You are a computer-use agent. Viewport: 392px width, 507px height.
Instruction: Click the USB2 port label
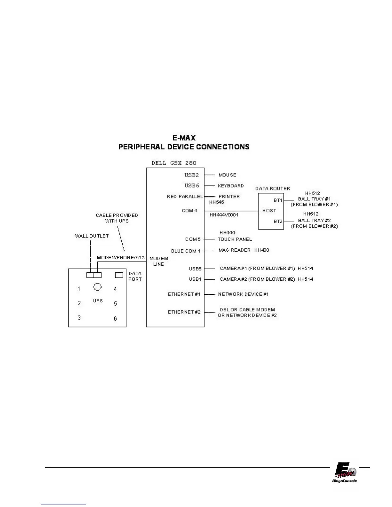pyautogui.click(x=192, y=175)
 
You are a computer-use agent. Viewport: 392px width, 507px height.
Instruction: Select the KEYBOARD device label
pyautogui.click(x=231, y=186)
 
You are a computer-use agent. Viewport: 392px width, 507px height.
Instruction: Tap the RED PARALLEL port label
pyautogui.click(x=185, y=197)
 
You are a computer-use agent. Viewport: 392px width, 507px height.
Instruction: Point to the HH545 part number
pyautogui.click(x=216, y=202)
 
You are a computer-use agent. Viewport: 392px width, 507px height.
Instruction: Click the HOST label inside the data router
pyautogui.click(x=269, y=211)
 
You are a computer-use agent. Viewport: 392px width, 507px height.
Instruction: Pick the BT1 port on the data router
pyautogui.click(x=278, y=200)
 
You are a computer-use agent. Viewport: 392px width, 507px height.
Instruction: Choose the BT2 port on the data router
pyautogui.click(x=278, y=221)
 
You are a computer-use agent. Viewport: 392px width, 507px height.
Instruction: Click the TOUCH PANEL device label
pyautogui.click(x=235, y=239)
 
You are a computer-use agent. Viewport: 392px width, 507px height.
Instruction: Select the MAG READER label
pyautogui.click(x=234, y=250)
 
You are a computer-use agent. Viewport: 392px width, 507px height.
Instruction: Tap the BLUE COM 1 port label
pyautogui.click(x=186, y=251)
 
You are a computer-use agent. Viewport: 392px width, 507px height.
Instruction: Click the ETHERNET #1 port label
pyautogui.click(x=184, y=294)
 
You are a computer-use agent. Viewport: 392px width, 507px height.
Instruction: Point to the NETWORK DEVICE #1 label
pyautogui.click(x=243, y=294)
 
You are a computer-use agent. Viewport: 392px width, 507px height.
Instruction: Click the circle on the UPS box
pyautogui.click(x=97, y=286)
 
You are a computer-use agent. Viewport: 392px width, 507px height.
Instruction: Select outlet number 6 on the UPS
pyautogui.click(x=115, y=318)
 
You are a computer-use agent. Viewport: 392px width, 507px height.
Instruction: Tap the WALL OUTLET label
pyautogui.click(x=92, y=236)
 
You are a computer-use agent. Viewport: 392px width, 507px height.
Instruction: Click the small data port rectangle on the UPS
pyautogui.click(x=119, y=275)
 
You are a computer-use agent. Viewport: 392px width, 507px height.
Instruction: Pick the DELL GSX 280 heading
pyautogui.click(x=174, y=163)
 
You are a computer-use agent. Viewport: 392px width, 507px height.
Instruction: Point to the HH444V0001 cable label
pyautogui.click(x=224, y=215)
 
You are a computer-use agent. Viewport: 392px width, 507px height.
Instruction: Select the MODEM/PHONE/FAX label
pyautogui.click(x=121, y=257)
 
